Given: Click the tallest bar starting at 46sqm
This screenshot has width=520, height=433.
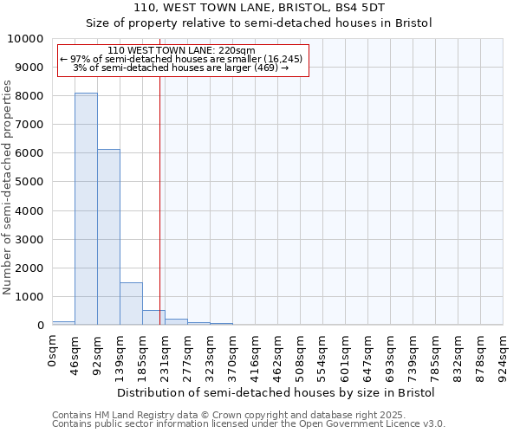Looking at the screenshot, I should (x=86, y=209).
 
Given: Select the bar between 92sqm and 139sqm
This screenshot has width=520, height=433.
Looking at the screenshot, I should (x=108, y=237).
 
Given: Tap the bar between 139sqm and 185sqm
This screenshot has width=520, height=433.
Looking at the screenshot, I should (x=131, y=303).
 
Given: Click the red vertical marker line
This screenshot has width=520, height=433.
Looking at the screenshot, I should (x=160, y=199).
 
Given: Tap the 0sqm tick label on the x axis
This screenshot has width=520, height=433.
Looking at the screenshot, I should (x=53, y=352).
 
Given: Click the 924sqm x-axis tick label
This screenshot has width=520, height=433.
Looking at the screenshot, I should (x=503, y=357).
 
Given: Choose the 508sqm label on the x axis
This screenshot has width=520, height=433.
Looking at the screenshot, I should (x=300, y=357).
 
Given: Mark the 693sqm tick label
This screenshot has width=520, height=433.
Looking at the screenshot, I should (x=390, y=357).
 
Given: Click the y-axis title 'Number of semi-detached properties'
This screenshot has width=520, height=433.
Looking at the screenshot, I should (x=8, y=187).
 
